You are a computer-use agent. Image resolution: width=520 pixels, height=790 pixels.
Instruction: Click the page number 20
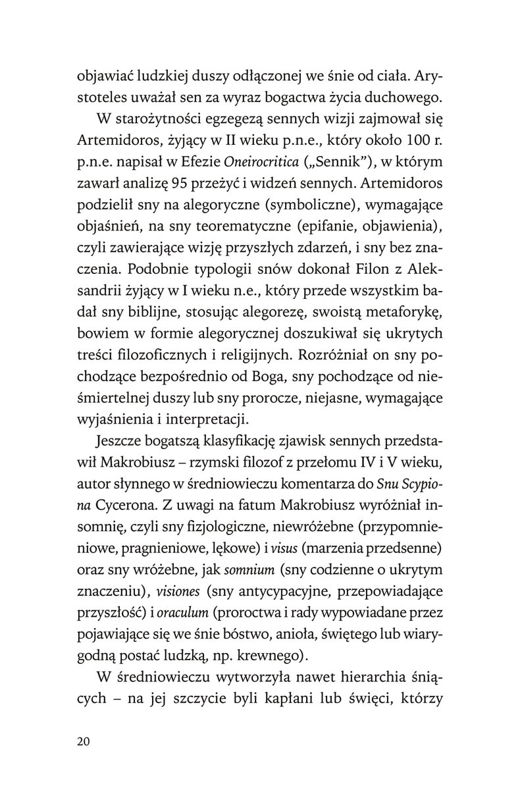coord(86,741)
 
